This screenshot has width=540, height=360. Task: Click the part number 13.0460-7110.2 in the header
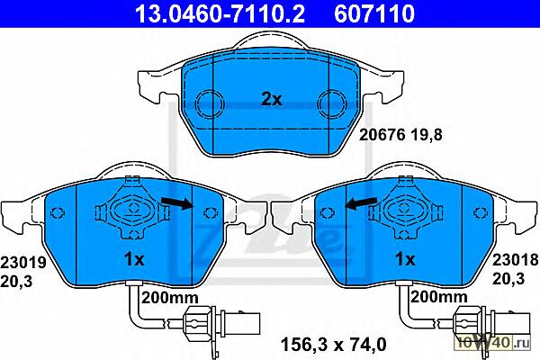pos(220,13)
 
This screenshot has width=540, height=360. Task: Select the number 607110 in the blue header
pos(374,13)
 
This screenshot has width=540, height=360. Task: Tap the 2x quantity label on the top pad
pos(272,100)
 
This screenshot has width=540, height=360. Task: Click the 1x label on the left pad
pos(134,259)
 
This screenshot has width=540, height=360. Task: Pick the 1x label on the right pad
pos(405,259)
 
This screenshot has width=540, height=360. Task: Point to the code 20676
pos(382,135)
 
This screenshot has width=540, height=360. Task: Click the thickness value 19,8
pos(427,135)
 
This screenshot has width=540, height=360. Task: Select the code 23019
pos(23,263)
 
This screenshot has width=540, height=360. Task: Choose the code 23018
pos(515,260)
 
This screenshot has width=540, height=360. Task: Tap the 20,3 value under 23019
pos(16,282)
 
